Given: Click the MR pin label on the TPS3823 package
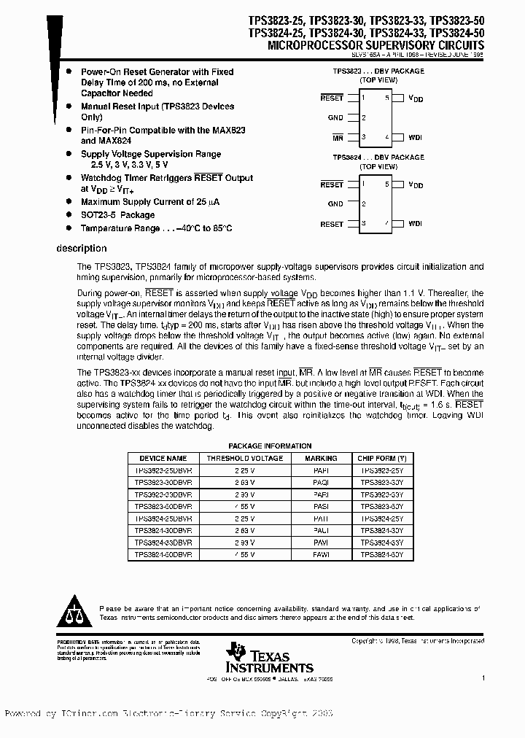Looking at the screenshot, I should pos(337,137).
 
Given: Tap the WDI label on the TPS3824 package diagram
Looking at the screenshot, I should pos(415,224).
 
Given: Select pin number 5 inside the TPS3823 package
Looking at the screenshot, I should pos(388,97).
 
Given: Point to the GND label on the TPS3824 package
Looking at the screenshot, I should pos(335,204).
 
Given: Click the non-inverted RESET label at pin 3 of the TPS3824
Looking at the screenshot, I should pos(332,224).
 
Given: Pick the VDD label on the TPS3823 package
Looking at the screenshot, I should pos(415,98).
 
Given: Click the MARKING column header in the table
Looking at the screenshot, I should pos(321,459).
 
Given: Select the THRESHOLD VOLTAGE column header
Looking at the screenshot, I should pos(244,459).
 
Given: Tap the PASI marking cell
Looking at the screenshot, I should pos(321,505).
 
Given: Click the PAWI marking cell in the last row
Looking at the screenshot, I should pos(321,555).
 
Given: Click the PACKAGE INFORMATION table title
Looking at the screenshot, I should pos(270,446).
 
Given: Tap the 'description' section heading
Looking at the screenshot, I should pos(82,249).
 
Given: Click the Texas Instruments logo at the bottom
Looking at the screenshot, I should pos(270,659).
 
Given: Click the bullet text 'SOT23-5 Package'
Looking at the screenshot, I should pos(117,215).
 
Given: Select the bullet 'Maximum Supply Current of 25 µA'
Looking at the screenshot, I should pos(148,202).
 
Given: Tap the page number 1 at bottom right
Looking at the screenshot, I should pos(483,677).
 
